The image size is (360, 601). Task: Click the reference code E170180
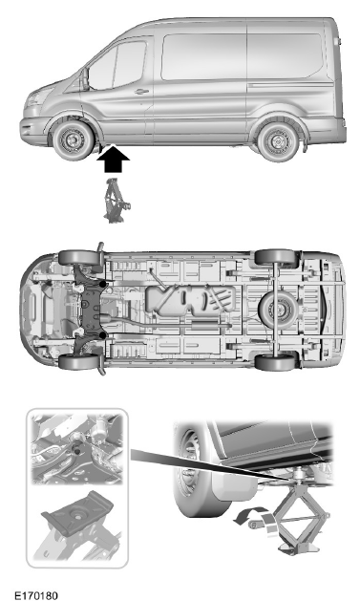[x=36, y=592]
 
